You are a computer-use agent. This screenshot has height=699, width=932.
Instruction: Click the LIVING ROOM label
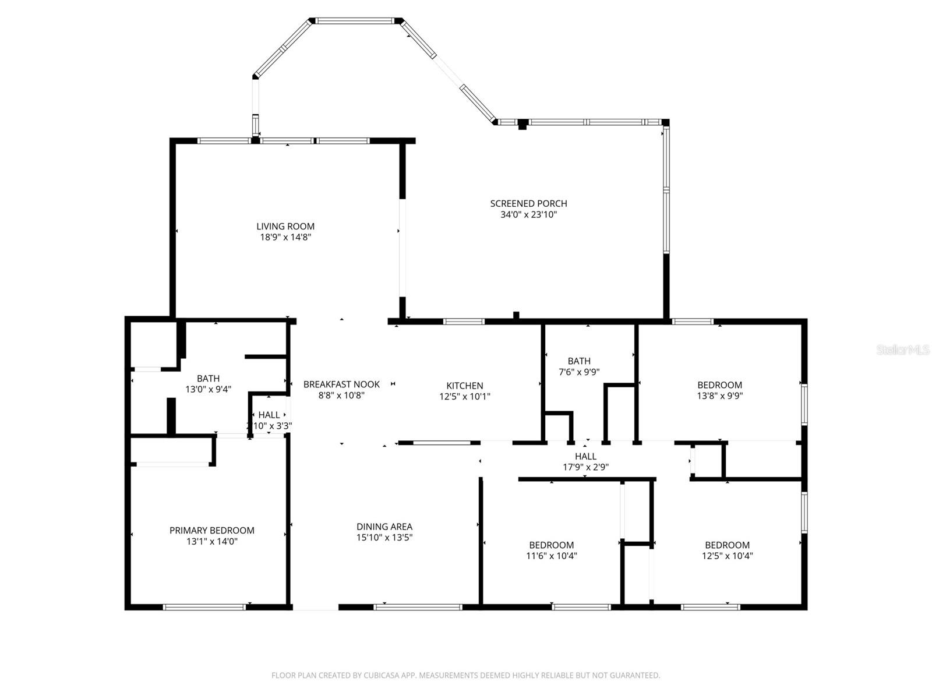pos(285,227)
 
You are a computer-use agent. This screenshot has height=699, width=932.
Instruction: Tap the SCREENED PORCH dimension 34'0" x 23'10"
pos(528,214)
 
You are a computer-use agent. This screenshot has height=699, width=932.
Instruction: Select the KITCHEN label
pos(464,386)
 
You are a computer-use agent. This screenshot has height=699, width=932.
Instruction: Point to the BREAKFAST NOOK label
pos(341,384)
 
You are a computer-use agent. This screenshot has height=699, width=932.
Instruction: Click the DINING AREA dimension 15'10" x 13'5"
pos(384,538)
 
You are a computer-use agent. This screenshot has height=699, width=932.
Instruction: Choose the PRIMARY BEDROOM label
pos(211,531)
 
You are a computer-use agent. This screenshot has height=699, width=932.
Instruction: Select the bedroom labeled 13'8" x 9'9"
pos(719,390)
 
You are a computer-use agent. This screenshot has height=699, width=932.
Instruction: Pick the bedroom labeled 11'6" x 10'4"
pos(551,550)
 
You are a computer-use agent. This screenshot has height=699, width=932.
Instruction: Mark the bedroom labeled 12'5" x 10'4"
pos(727,550)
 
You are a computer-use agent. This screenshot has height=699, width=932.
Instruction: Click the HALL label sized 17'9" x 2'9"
pos(585,461)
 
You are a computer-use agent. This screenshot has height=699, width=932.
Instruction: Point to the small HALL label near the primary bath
pos(269,415)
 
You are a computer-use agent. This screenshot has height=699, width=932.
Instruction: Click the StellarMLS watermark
pos(902,350)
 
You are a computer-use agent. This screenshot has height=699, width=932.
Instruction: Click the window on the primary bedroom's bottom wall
pos(204,607)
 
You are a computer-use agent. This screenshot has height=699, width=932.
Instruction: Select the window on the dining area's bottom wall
pos(418,607)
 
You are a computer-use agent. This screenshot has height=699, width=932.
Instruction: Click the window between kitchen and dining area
pos(442,443)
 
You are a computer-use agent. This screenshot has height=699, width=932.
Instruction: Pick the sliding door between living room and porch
pos(402,249)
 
